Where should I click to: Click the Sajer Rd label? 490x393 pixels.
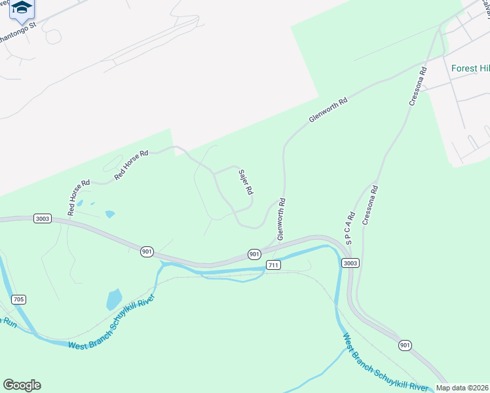point(246,183)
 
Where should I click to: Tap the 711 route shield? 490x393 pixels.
point(274,265)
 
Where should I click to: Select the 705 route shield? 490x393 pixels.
point(18,299)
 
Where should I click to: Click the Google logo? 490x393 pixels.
point(22,384)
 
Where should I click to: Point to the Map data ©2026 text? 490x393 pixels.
point(462,388)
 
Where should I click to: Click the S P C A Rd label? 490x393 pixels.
point(350,228)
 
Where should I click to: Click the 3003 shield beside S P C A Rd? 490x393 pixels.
point(350,263)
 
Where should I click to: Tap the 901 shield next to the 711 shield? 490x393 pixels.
point(255,253)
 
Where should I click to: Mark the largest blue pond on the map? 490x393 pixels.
point(114,299)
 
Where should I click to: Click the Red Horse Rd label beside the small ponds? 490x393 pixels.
point(78,198)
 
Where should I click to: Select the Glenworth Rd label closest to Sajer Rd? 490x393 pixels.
point(280,219)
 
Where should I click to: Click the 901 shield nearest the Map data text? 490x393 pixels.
point(406,345)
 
